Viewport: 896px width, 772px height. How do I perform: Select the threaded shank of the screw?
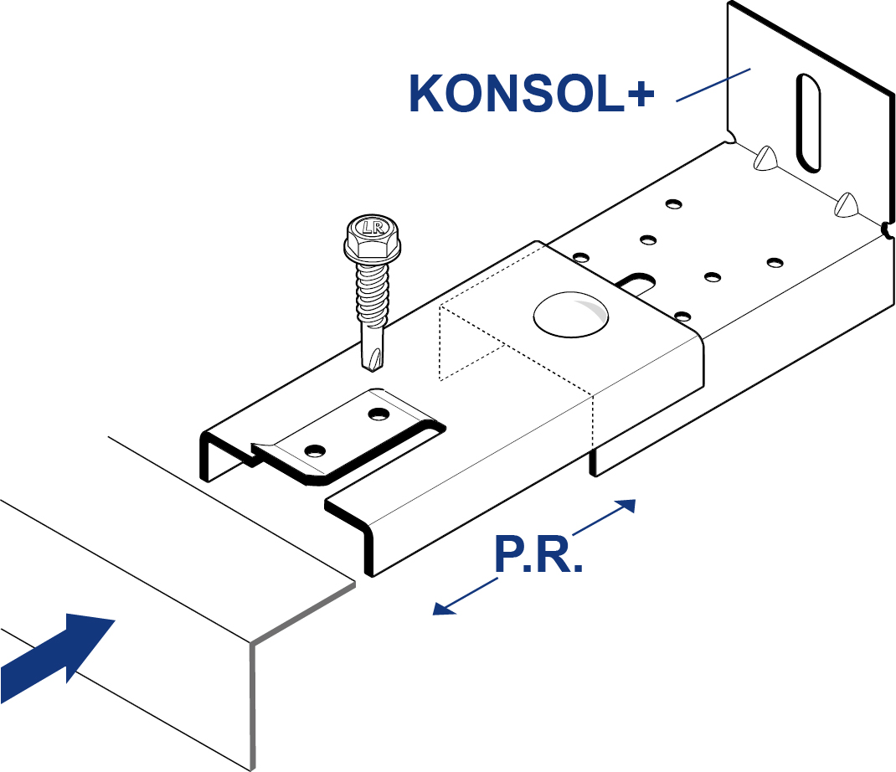pos(369,297)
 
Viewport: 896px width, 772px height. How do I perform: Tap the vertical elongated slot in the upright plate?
pos(808,122)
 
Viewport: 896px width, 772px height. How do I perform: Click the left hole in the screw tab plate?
pos(315,450)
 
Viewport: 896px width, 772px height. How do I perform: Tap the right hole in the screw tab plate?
pos(379,414)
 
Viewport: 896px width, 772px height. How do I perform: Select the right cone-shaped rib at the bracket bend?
pos(848,204)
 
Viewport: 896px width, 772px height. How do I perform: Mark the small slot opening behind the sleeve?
pos(638,280)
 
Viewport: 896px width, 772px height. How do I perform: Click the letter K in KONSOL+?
pos(425,94)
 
